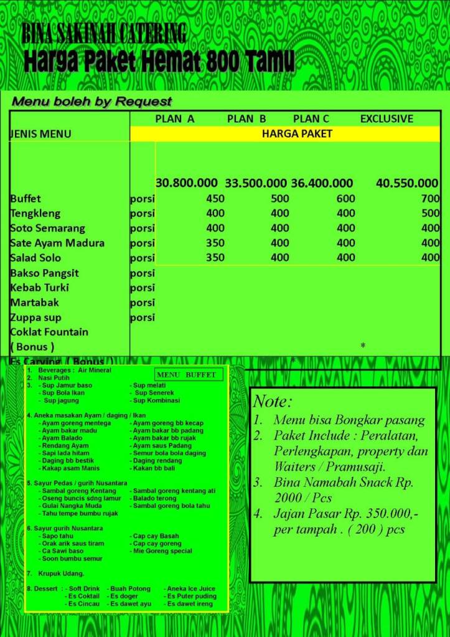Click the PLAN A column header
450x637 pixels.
coord(175,118)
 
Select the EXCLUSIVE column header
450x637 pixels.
coord(387,118)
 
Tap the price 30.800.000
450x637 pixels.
coord(187,183)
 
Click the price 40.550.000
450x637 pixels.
coord(407,183)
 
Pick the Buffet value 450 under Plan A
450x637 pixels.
coord(215,199)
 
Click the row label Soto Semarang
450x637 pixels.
coord(47,229)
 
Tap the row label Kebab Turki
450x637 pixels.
coord(39,288)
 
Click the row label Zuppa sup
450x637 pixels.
coord(39,318)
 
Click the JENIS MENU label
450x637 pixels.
coord(40,134)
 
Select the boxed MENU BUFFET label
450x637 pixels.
coord(187,375)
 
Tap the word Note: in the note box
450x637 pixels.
coord(273,401)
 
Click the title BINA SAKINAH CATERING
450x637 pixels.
coord(104,34)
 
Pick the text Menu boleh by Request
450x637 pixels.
coord(92,101)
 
